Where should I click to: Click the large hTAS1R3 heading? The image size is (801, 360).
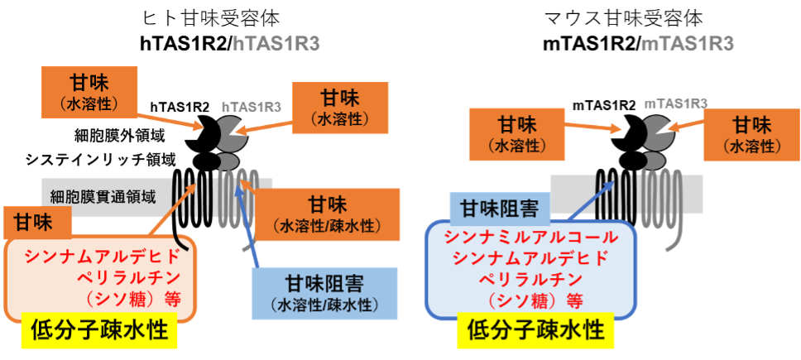click(276, 44)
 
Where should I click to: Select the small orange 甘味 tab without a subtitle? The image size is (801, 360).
click(39, 223)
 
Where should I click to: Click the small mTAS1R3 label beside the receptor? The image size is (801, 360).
click(676, 103)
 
